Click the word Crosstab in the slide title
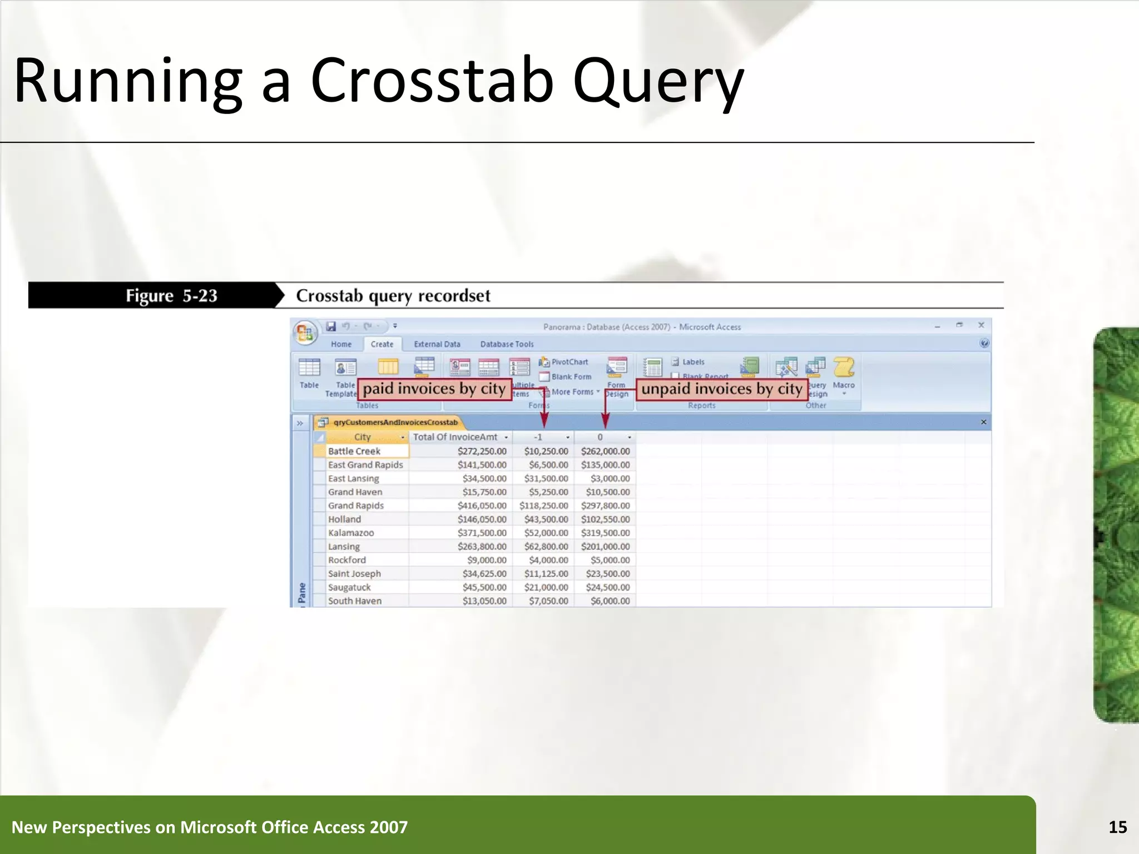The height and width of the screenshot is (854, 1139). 432,81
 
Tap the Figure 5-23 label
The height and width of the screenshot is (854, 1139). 171,296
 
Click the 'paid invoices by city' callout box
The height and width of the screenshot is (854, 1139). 434,389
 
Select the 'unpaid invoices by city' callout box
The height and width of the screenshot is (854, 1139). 721,389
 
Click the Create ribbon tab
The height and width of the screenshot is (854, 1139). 382,344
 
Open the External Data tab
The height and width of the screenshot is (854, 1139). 437,344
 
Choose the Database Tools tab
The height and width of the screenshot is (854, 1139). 507,344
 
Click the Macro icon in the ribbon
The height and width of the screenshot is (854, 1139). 844,369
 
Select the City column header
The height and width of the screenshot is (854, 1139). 362,437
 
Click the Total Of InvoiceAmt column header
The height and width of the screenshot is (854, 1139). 455,437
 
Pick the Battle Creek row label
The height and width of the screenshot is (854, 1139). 354,451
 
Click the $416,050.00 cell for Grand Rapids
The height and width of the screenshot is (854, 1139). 482,505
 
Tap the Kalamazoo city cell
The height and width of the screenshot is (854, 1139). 351,533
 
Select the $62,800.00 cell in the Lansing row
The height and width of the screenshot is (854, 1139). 546,547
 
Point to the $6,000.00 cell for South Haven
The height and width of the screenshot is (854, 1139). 610,601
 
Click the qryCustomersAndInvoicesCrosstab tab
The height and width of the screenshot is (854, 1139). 395,423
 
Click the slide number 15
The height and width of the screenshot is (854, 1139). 1117,827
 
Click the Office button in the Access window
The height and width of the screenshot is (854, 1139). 305,332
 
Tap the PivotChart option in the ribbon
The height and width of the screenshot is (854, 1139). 569,362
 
